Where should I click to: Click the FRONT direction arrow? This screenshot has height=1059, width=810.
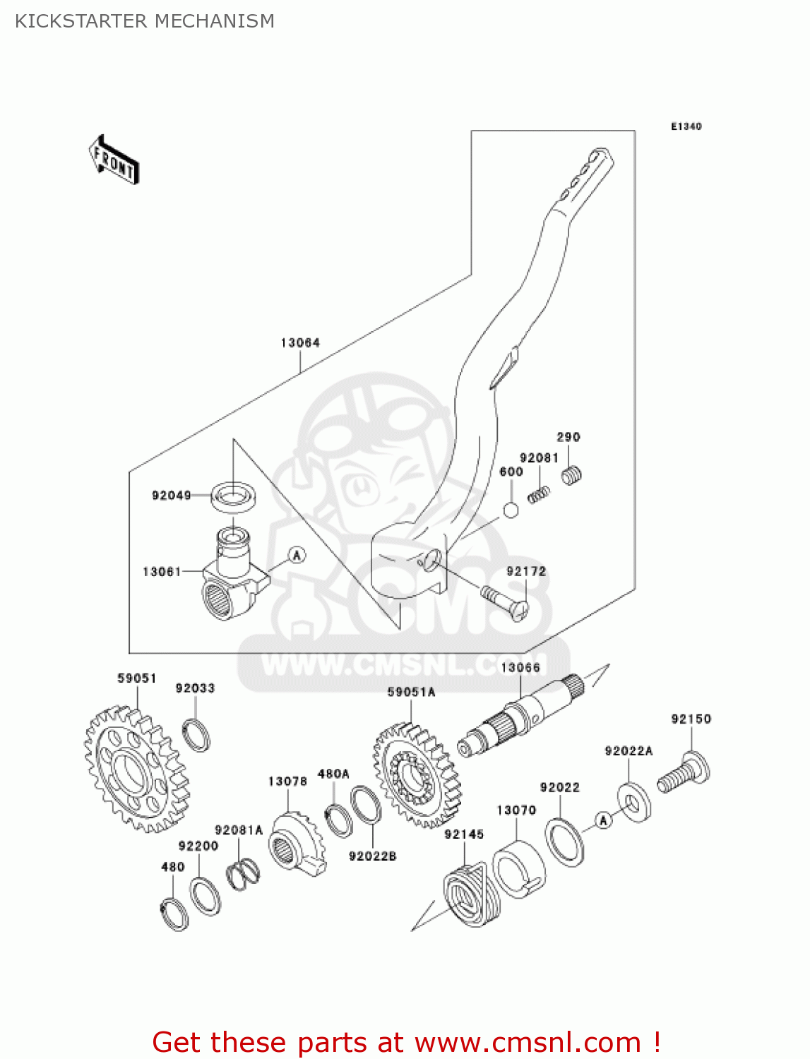point(114,160)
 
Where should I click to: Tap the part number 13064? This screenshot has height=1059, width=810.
point(300,343)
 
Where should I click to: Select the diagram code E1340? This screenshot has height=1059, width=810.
point(686,126)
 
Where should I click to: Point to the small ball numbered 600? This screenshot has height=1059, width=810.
point(511,510)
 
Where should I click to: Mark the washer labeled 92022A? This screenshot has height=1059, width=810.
point(633,801)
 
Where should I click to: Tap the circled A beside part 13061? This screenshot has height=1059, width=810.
point(297,555)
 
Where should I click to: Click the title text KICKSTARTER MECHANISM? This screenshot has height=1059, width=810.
point(145,21)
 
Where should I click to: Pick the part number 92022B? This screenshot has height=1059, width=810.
point(372,856)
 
